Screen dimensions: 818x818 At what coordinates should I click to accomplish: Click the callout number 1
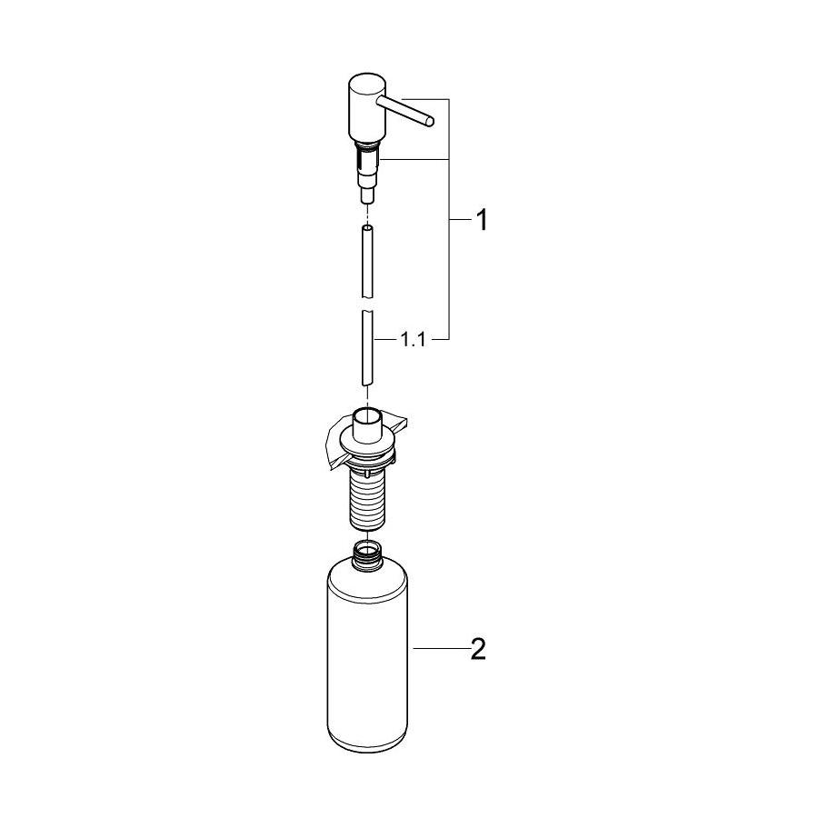(x=483, y=220)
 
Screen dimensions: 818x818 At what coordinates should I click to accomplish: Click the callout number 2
(x=478, y=649)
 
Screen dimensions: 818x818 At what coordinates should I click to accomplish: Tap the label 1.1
(x=413, y=340)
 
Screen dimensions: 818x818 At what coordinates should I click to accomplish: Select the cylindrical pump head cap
(x=366, y=108)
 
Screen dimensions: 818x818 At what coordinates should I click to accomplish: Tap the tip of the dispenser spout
(x=429, y=122)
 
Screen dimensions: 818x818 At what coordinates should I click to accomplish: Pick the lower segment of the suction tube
(x=367, y=348)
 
